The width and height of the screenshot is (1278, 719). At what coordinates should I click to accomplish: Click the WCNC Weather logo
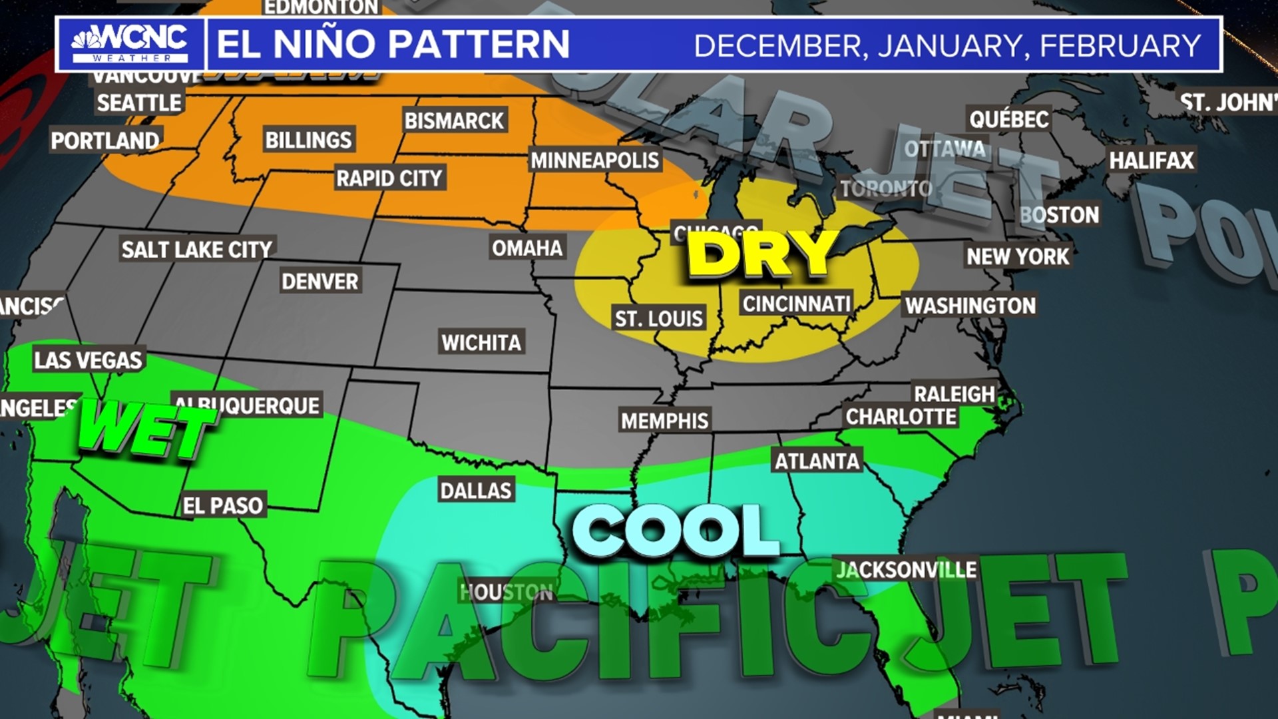[x=130, y=44]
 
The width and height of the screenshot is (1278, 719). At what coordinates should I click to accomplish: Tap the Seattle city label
[x=139, y=103]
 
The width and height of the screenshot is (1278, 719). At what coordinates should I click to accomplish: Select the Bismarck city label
[x=455, y=121]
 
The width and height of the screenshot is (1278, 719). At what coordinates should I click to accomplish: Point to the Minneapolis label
[x=594, y=160]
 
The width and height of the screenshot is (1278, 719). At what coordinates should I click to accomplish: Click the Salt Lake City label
[x=197, y=250]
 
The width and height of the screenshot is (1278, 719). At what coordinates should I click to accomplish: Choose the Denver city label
[x=320, y=282]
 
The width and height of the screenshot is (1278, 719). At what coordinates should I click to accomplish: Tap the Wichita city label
[x=481, y=343]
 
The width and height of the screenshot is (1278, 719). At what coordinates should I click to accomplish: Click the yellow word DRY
[x=762, y=254]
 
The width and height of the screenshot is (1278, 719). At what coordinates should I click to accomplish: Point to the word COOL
[x=676, y=531]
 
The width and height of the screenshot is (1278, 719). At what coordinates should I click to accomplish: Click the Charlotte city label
[x=901, y=417]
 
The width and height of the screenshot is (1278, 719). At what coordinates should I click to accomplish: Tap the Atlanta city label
[x=817, y=461]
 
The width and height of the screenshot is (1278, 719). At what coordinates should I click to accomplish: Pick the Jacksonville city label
[x=907, y=571]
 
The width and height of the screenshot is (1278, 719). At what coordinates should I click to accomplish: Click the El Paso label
[x=223, y=506]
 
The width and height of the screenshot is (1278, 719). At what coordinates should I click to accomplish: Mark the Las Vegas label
[x=89, y=361]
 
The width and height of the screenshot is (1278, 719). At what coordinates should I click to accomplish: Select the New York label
[x=1018, y=257]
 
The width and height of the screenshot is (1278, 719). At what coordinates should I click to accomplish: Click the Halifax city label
[x=1152, y=160]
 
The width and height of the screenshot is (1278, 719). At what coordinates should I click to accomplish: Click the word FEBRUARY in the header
[x=1120, y=46]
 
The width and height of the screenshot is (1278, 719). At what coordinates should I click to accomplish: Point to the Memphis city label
[x=664, y=421]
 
